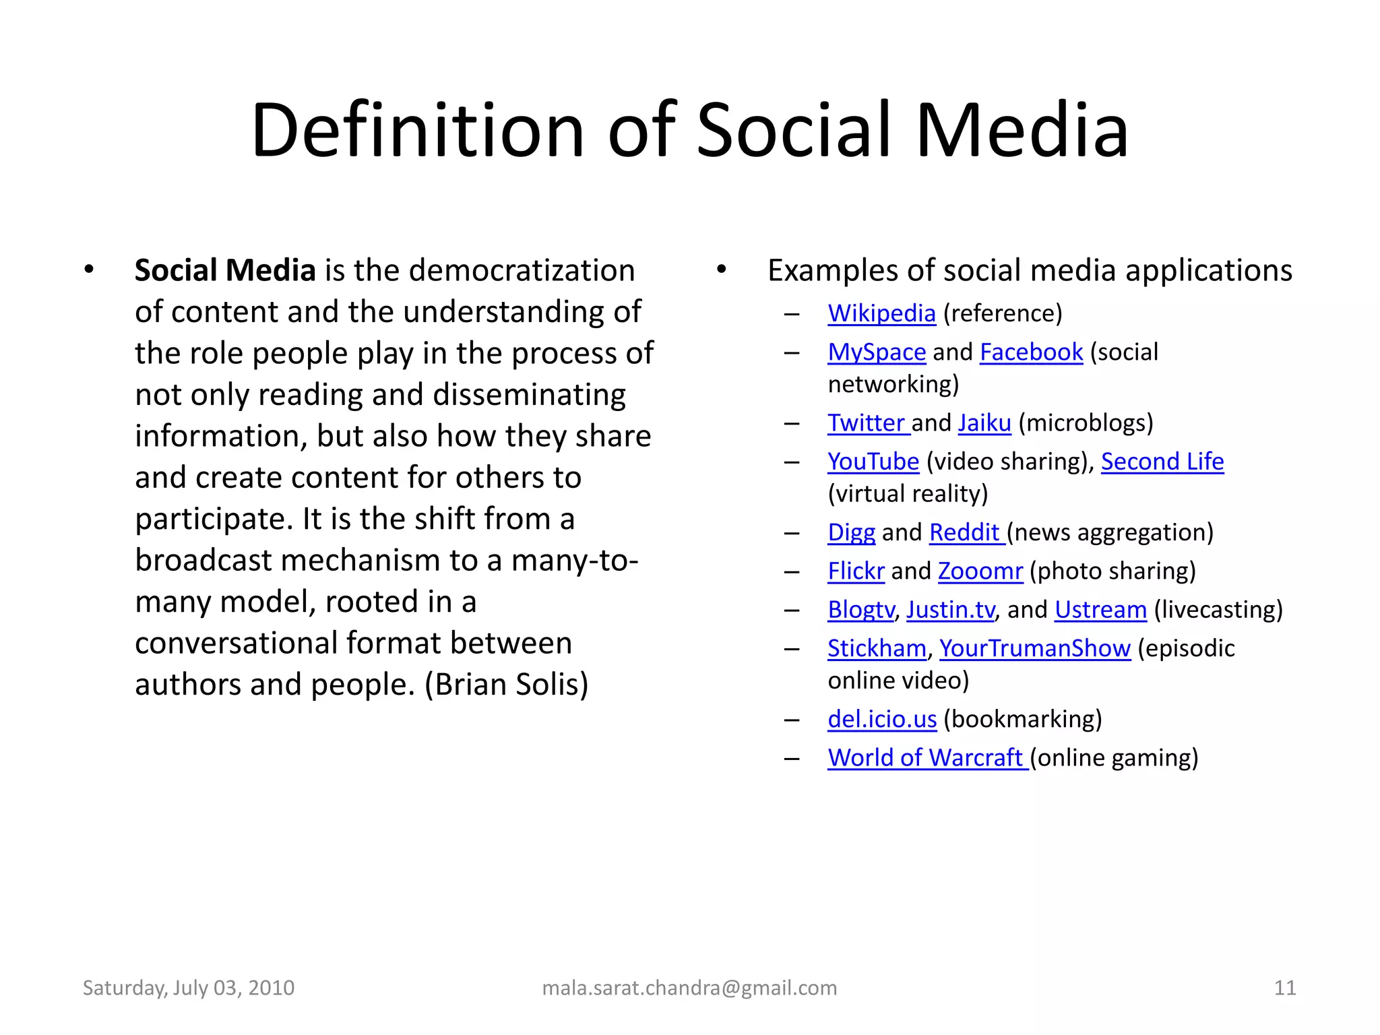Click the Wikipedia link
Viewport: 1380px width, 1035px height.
click(x=881, y=314)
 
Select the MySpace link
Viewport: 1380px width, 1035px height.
click(x=877, y=352)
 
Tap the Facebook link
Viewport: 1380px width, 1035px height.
click(x=1031, y=352)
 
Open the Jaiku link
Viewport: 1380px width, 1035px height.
click(x=984, y=423)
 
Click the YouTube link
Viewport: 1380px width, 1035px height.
click(x=873, y=462)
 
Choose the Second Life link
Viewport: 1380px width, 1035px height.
click(x=1162, y=462)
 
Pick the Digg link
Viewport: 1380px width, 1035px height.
click(x=852, y=532)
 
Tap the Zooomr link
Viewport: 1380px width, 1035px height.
click(x=980, y=571)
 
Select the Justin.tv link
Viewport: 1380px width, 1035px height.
click(x=950, y=610)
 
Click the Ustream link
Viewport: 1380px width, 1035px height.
click(x=1100, y=610)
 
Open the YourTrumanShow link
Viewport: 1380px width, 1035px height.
click(x=1035, y=648)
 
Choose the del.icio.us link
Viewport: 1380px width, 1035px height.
click(x=882, y=720)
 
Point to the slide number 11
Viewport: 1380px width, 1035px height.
click(x=1285, y=988)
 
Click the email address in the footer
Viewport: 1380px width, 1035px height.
click(x=689, y=988)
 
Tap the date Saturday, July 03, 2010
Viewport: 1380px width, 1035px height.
click(x=189, y=988)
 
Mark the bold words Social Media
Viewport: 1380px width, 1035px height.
click(x=225, y=271)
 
